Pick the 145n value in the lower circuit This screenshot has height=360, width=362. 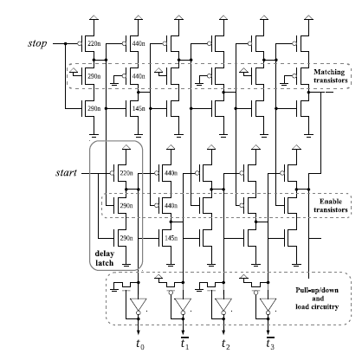point(170,236)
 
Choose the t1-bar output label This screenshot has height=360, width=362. point(184,345)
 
